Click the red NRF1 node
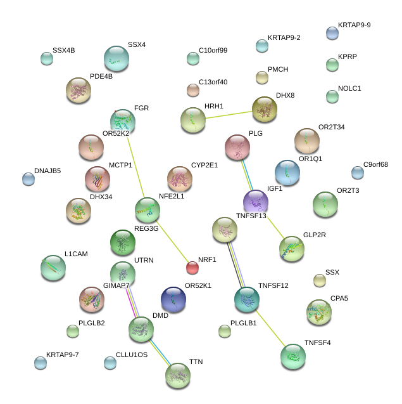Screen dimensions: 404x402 (x=192, y=267)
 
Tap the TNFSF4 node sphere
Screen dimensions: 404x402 (x=292, y=356)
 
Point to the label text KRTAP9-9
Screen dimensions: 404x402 (x=354, y=25)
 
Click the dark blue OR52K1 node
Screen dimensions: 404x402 (x=173, y=299)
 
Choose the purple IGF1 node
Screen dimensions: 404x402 (x=256, y=202)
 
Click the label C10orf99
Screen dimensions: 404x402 (x=213, y=50)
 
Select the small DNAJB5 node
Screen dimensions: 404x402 (x=28, y=179)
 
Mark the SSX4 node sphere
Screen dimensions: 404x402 (x=116, y=58)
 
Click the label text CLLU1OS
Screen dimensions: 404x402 (x=132, y=355)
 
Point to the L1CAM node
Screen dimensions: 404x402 (x=53, y=268)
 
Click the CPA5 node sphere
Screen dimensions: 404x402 (x=319, y=311)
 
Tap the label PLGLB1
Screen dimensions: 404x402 (x=243, y=323)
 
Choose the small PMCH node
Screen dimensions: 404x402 (x=262, y=77)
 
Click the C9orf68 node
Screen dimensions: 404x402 (x=358, y=172)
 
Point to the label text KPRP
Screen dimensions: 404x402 (x=348, y=56)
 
